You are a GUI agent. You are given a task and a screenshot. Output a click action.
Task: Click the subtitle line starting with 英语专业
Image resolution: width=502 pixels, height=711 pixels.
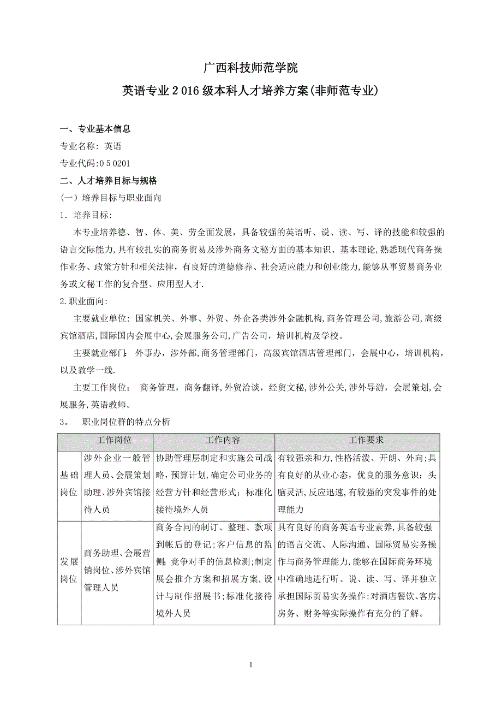250,91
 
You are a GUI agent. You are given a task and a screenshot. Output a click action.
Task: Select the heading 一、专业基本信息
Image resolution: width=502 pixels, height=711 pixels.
95,129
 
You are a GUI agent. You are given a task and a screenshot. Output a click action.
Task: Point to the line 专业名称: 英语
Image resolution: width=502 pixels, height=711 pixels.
90,146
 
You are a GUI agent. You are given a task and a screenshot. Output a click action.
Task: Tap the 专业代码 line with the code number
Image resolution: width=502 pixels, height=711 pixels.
94,163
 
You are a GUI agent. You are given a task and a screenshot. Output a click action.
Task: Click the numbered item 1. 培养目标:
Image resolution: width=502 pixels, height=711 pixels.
85,215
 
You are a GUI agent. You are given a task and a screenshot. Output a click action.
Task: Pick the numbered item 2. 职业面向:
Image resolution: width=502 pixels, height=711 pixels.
84,301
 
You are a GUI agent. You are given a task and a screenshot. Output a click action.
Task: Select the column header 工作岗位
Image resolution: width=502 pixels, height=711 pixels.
114,440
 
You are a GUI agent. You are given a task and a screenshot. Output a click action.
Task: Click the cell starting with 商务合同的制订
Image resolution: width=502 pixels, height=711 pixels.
213,571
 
